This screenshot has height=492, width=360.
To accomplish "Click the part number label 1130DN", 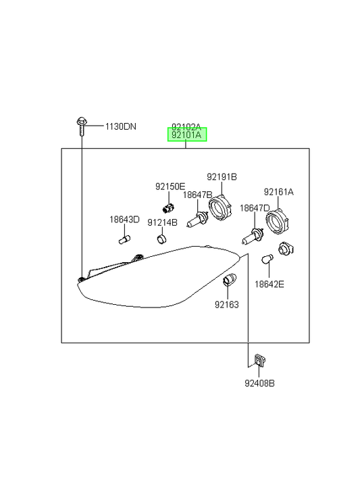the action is pos(121,126).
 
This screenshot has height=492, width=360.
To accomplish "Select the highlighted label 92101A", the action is pos(187,135).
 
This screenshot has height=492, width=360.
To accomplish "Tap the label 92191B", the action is pos(222,177).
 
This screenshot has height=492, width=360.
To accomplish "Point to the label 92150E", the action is pos(170,187).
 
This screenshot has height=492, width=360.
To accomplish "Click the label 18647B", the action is pos(197,195).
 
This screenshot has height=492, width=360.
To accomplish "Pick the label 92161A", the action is pos(279,192).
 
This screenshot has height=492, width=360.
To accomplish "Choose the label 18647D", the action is pos(255,207).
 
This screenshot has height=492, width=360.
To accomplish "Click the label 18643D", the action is pos(124,220).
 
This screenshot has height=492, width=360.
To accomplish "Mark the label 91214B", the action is pos(162,222).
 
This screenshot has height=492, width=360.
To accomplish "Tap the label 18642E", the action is pos(269,285).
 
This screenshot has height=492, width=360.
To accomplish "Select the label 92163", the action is pos(227,305).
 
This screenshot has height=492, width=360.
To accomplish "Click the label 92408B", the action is pos(259,383).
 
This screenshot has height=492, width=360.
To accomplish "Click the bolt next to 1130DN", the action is pos(82,126).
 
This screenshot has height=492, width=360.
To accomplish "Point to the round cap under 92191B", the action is pos(220,207).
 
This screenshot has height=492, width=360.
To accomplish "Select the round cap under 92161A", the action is pos(277,222).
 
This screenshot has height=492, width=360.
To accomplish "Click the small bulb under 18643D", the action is pos(124,240).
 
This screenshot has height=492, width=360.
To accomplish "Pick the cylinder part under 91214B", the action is pos(161,239).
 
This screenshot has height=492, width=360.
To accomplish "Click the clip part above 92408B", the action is pos(259,360).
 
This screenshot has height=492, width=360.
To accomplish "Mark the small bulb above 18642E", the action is pos(267,260).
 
